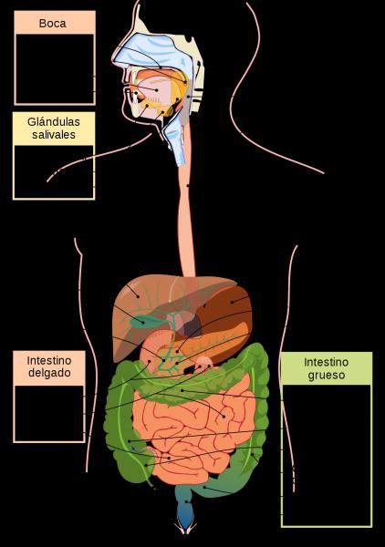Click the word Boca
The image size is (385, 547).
[52, 24]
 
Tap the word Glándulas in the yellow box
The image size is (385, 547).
[54, 122]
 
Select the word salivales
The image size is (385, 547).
[54, 135]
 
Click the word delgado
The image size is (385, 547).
[49, 373]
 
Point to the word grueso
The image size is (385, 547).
[327, 376]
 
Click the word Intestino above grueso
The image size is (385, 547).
[326, 362]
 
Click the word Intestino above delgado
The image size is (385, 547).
[49, 360]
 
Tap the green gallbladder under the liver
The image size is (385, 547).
[142, 321]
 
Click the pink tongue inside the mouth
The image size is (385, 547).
[154, 90]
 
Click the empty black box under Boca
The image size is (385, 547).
[55, 68]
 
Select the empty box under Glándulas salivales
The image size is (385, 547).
[54, 172]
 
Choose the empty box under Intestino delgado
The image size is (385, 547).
[49, 414]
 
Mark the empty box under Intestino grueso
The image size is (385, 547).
[327, 455]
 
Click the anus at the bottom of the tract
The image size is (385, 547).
[186, 528]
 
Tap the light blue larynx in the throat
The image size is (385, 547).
[175, 139]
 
